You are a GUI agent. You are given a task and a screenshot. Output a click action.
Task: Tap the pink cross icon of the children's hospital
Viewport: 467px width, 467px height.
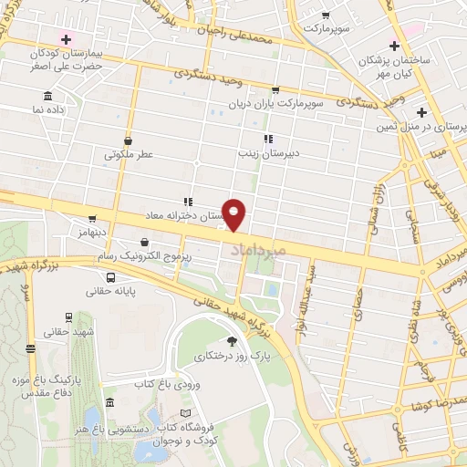click(65, 39)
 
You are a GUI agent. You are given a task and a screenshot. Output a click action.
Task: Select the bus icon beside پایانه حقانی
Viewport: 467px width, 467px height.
click(110, 277)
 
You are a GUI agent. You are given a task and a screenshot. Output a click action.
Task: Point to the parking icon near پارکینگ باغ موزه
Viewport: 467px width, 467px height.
click(32, 348)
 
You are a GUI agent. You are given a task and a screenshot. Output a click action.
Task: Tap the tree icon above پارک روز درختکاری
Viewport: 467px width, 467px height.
click(231, 339)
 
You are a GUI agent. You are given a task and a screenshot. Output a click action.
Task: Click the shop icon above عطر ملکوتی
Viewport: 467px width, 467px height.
click(128, 141)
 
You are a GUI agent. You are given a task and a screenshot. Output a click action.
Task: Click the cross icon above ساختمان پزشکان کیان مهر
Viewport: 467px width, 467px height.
click(393, 46)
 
